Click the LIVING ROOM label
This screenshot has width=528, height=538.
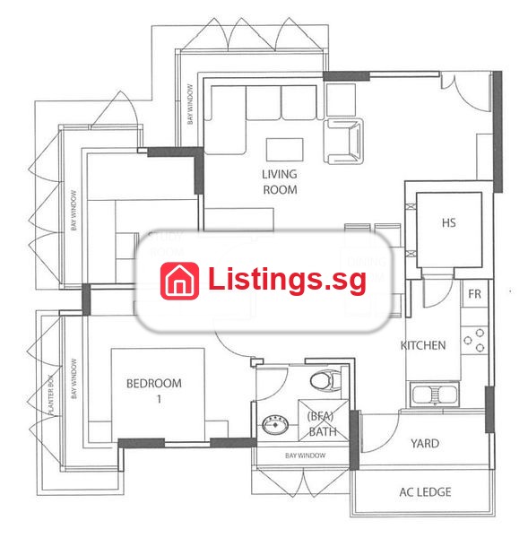(x=280, y=182)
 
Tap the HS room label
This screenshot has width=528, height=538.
(x=449, y=223)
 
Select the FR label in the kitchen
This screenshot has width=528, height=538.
(x=474, y=294)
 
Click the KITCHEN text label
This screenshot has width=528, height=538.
(x=423, y=345)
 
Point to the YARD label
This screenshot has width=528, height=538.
(x=425, y=443)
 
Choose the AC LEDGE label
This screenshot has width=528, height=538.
(x=425, y=492)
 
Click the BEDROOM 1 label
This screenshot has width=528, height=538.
(x=154, y=391)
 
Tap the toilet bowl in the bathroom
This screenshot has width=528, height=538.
(x=325, y=380)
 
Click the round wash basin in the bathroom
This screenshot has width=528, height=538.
(x=275, y=424)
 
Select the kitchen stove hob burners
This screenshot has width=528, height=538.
(x=474, y=341)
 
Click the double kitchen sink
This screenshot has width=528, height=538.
(x=435, y=395)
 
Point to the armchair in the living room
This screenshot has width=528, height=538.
(x=343, y=142)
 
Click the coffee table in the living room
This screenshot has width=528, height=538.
(x=285, y=150)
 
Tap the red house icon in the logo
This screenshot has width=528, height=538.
(x=179, y=281)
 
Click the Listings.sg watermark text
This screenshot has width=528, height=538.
(x=287, y=281)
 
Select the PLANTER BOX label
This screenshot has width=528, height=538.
(x=51, y=395)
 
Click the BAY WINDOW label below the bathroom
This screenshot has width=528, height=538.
(x=305, y=456)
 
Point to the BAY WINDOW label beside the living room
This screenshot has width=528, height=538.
(x=190, y=104)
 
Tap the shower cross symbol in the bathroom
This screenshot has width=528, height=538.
(x=324, y=421)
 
